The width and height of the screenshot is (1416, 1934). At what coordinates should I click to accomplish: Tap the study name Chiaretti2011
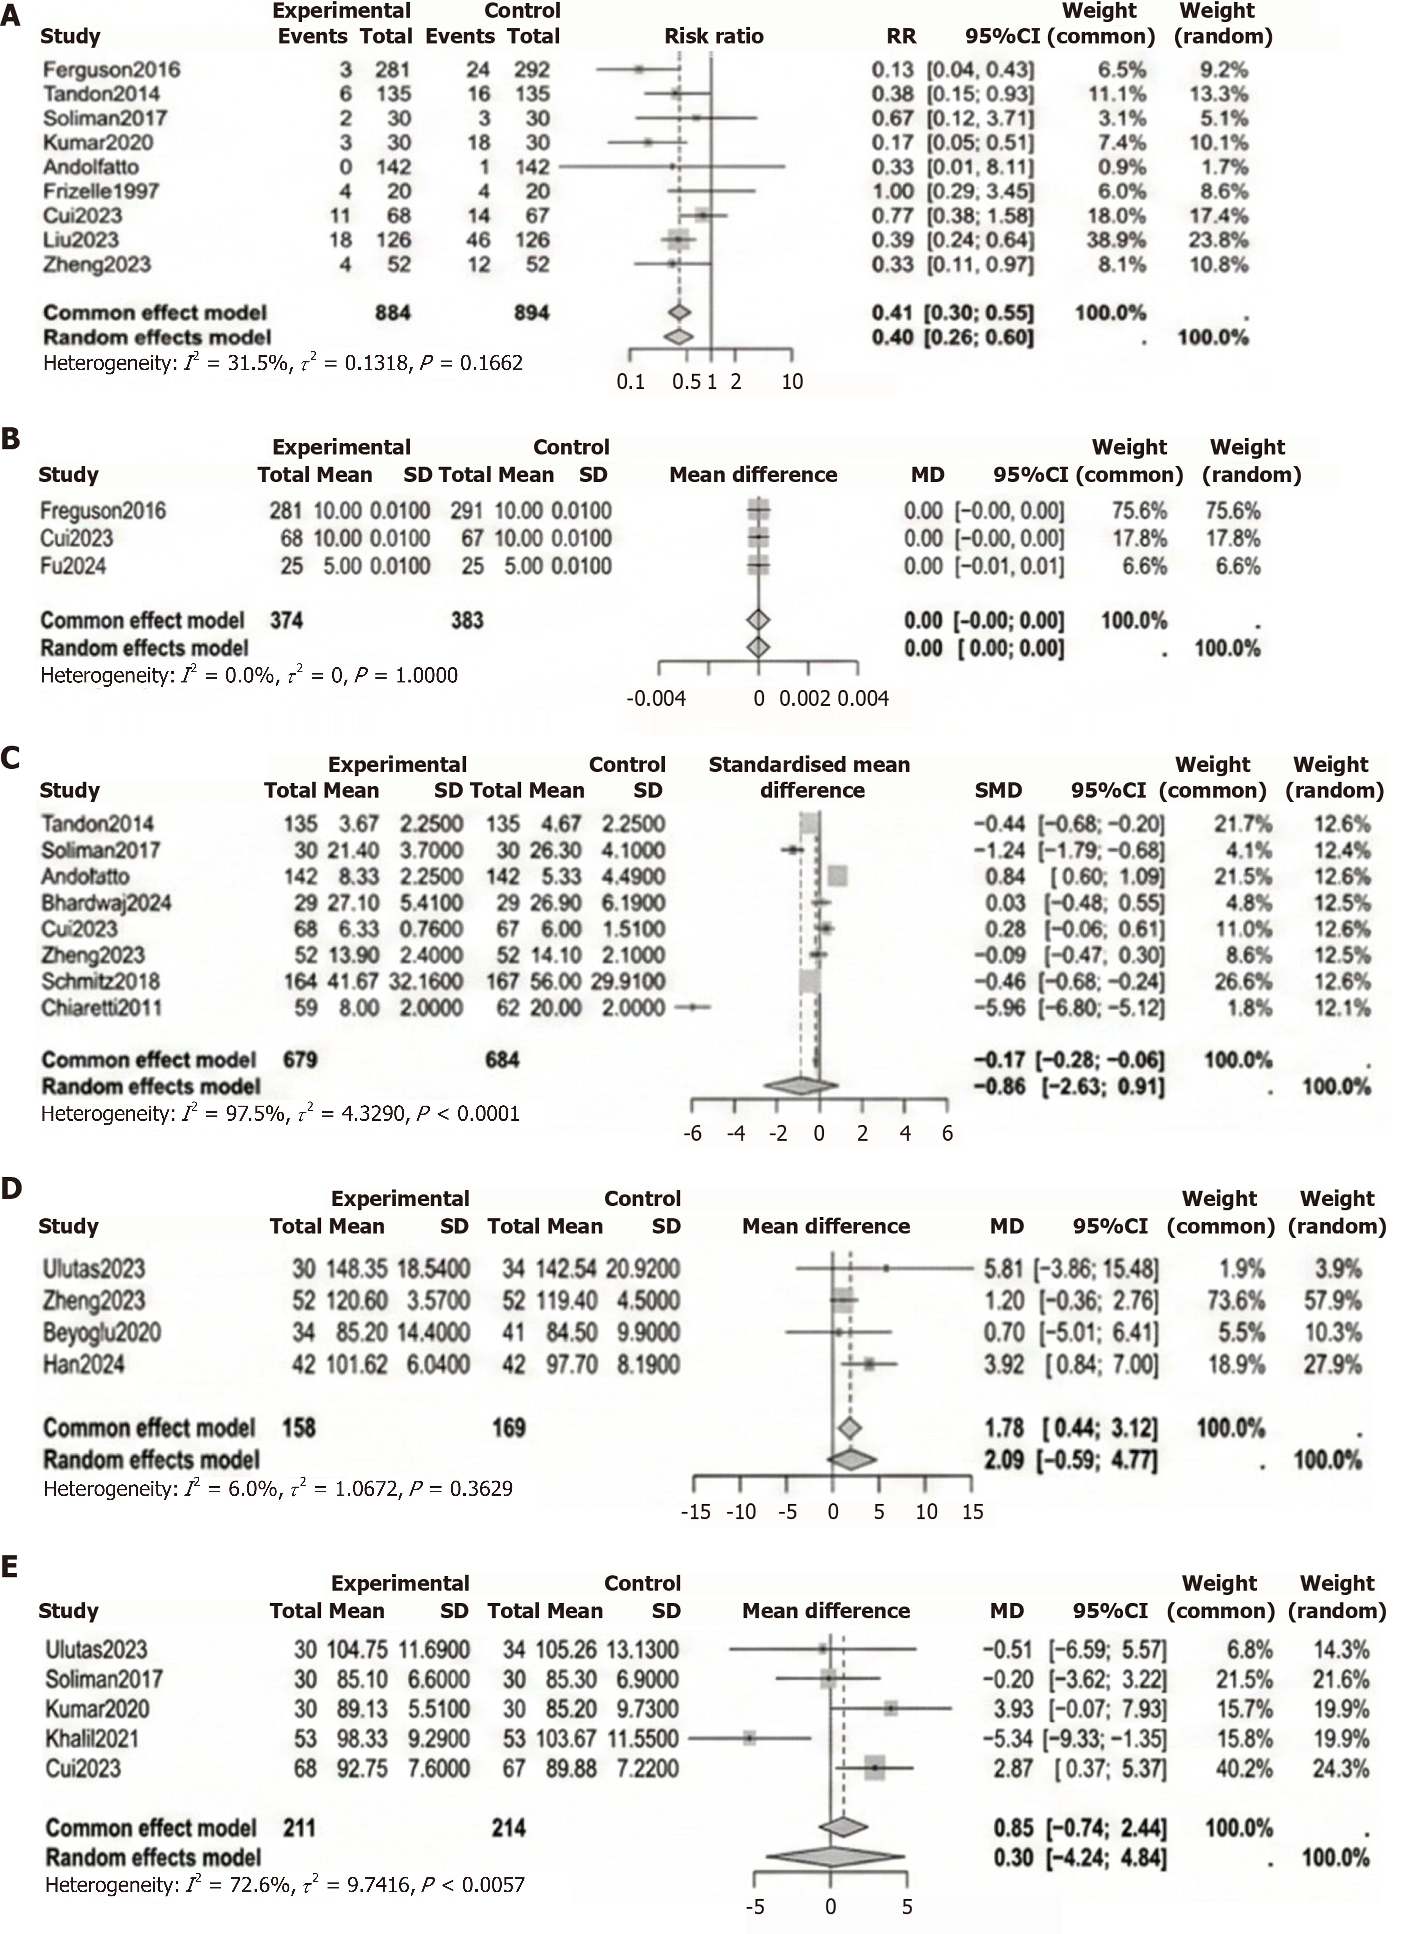[x=101, y=1008]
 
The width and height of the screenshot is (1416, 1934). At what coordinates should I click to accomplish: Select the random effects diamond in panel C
[x=801, y=1087]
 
